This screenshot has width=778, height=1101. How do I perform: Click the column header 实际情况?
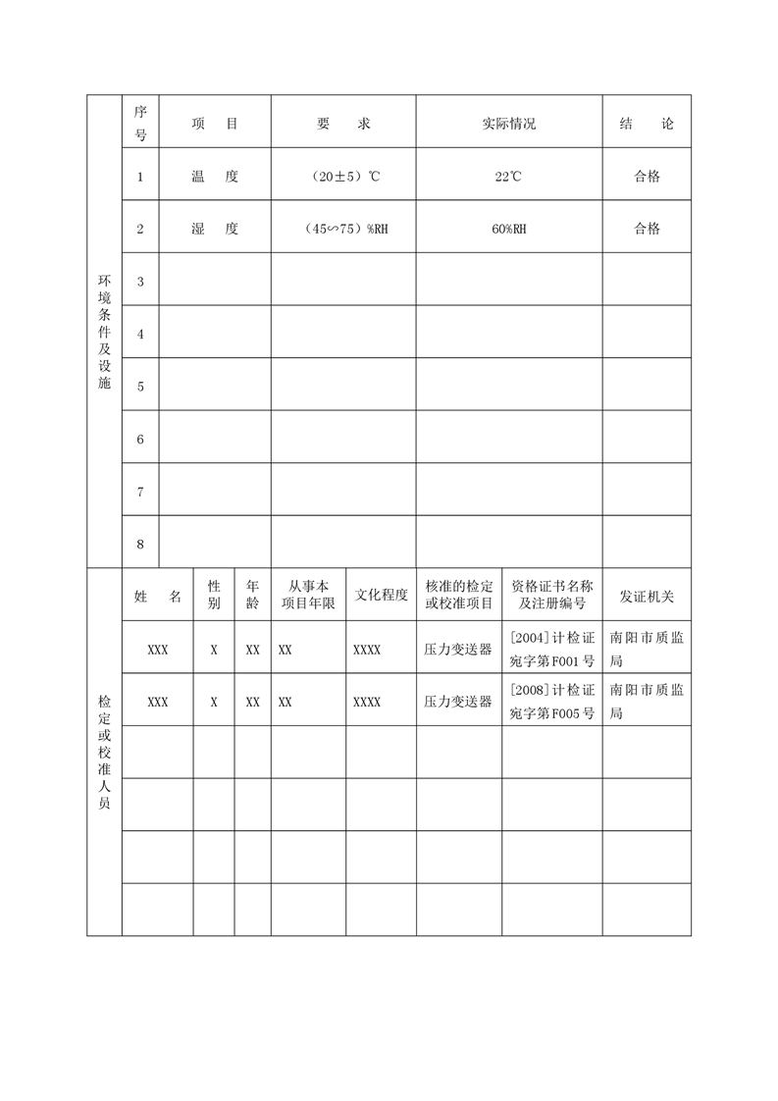coord(508,125)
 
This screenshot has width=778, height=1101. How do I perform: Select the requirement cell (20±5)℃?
coord(343,177)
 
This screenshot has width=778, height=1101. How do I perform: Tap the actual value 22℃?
coord(508,177)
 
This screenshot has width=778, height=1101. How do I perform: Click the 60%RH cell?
coord(508,229)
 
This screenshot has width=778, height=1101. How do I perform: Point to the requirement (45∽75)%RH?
coord(343,229)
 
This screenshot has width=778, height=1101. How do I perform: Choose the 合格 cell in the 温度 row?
coord(647,177)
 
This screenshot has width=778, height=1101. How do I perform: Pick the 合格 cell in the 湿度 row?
coord(647,229)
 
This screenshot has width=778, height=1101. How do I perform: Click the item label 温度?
coord(215,177)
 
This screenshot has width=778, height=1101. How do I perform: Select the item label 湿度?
coord(215,229)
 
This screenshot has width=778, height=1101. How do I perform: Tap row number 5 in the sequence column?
coord(140,387)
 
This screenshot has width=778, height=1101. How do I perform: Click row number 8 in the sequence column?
coord(140,544)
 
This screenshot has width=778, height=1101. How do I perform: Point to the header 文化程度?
coord(381,596)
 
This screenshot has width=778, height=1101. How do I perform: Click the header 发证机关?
coord(647,596)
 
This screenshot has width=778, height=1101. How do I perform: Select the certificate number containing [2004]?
coord(552,648)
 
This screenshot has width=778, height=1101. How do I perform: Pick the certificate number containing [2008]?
coord(552,701)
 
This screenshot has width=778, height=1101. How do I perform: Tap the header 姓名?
coord(157,596)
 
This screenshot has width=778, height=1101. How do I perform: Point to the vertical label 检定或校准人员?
coord(104,752)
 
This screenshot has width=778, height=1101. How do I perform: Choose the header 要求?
coord(343,125)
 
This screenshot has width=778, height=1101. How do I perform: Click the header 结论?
coord(647,125)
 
